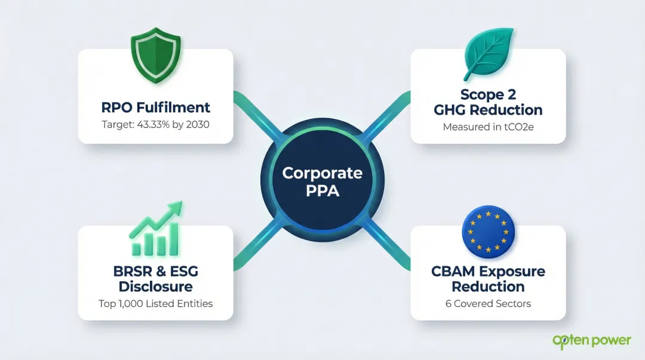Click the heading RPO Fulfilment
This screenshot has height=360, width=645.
coord(155,107)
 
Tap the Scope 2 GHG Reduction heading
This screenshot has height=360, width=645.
coord(489,102)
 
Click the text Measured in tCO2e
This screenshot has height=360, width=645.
coord(489,127)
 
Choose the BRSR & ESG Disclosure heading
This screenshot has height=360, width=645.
coord(155,279)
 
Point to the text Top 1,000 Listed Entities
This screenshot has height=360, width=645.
coord(155,303)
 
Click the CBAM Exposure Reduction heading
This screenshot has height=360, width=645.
coord(489,279)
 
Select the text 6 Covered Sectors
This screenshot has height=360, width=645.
coord(489,303)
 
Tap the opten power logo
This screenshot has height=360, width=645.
coord(591,341)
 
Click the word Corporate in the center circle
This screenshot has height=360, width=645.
coord(322,173)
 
